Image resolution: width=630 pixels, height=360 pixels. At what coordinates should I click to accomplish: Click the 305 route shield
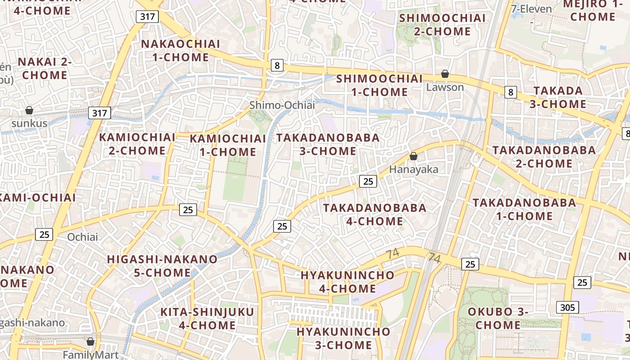click(567, 307)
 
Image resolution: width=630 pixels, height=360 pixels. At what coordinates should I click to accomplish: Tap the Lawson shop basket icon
click(445, 74)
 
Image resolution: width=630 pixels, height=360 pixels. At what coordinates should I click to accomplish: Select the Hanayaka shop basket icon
click(413, 157)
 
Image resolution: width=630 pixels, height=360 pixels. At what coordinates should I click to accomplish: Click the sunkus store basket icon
click(29, 110)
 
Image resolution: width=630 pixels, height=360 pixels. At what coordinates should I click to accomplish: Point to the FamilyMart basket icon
click(90, 342)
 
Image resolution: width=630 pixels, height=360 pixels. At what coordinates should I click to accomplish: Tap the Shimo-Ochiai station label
click(282, 105)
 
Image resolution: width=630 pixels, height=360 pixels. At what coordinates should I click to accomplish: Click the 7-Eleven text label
click(531, 9)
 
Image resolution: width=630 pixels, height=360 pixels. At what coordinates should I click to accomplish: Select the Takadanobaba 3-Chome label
click(328, 144)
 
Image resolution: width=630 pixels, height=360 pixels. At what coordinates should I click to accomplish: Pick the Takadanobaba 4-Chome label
click(374, 214)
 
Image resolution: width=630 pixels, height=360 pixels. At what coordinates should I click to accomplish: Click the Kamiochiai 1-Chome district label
click(228, 145)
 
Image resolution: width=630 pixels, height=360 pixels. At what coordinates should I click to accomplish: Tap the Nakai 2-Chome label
click(44, 68)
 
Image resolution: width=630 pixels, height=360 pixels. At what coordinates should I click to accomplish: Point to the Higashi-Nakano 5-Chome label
click(162, 265)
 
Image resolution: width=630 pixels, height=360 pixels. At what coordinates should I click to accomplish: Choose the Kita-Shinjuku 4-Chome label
click(207, 318)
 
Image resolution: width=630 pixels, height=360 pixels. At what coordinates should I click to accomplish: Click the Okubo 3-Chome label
click(498, 318)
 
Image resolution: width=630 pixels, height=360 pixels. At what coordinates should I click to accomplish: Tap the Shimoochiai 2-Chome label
click(442, 25)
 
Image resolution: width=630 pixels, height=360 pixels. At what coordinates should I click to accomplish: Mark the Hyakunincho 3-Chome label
click(343, 338)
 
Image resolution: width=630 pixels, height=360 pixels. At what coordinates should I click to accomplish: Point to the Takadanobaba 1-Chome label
click(524, 209)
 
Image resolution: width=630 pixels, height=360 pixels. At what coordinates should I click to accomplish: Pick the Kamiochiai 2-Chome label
click(137, 144)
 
